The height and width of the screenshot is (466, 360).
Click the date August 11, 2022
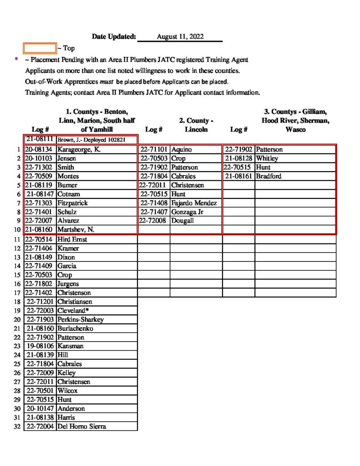180,36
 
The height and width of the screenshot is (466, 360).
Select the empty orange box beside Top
40,48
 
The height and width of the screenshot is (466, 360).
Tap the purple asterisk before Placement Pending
16,60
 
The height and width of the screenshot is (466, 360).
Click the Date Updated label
114,36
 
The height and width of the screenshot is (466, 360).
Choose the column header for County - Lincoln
196,125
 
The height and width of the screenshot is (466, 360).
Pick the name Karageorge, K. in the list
76,150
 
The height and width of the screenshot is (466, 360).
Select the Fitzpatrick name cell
72,203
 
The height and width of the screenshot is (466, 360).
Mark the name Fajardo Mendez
194,203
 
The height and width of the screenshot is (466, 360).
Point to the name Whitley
267,158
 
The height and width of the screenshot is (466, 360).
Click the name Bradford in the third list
269,176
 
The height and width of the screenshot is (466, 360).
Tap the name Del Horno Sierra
82,426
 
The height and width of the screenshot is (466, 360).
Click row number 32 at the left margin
17,426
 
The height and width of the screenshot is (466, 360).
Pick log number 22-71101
155,150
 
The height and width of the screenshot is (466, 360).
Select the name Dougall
182,221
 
